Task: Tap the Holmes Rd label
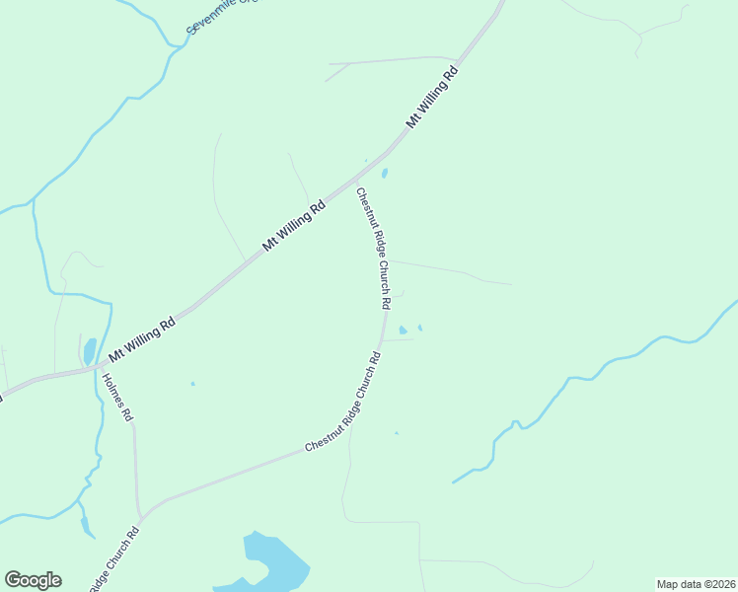click(x=116, y=396)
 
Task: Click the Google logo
click(x=33, y=580)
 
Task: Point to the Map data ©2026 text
click(x=696, y=584)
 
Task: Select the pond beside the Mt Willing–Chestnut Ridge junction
click(x=384, y=173)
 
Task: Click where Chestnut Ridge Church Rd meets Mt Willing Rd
click(x=355, y=181)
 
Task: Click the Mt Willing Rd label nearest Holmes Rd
click(x=142, y=336)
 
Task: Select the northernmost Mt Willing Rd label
click(x=433, y=98)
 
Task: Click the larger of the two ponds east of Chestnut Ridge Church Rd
click(x=403, y=330)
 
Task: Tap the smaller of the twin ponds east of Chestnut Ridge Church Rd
click(x=420, y=328)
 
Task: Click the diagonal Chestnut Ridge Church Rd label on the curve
click(x=342, y=403)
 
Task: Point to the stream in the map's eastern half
click(x=592, y=375)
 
